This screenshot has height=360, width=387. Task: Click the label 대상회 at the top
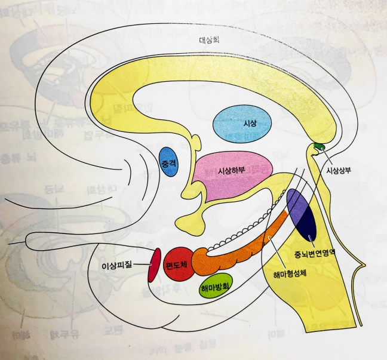tap(211, 41)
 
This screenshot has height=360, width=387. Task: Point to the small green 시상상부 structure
tap(320, 146)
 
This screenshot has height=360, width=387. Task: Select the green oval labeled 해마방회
tap(216, 286)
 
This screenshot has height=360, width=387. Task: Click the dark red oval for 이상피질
tap(155, 264)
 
